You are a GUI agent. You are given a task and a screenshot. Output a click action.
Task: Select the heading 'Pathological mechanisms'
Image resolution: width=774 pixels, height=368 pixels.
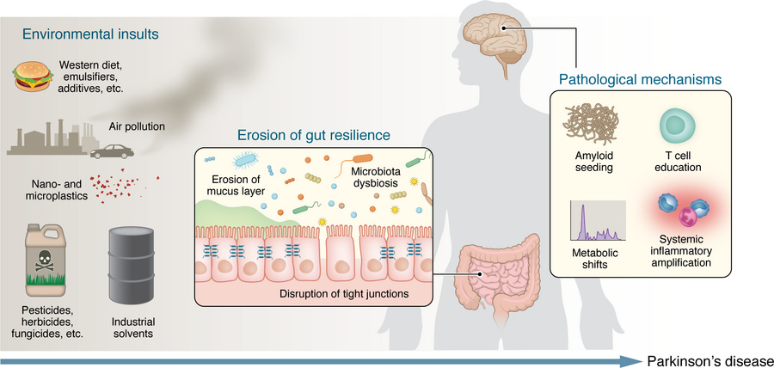point(640,80)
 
